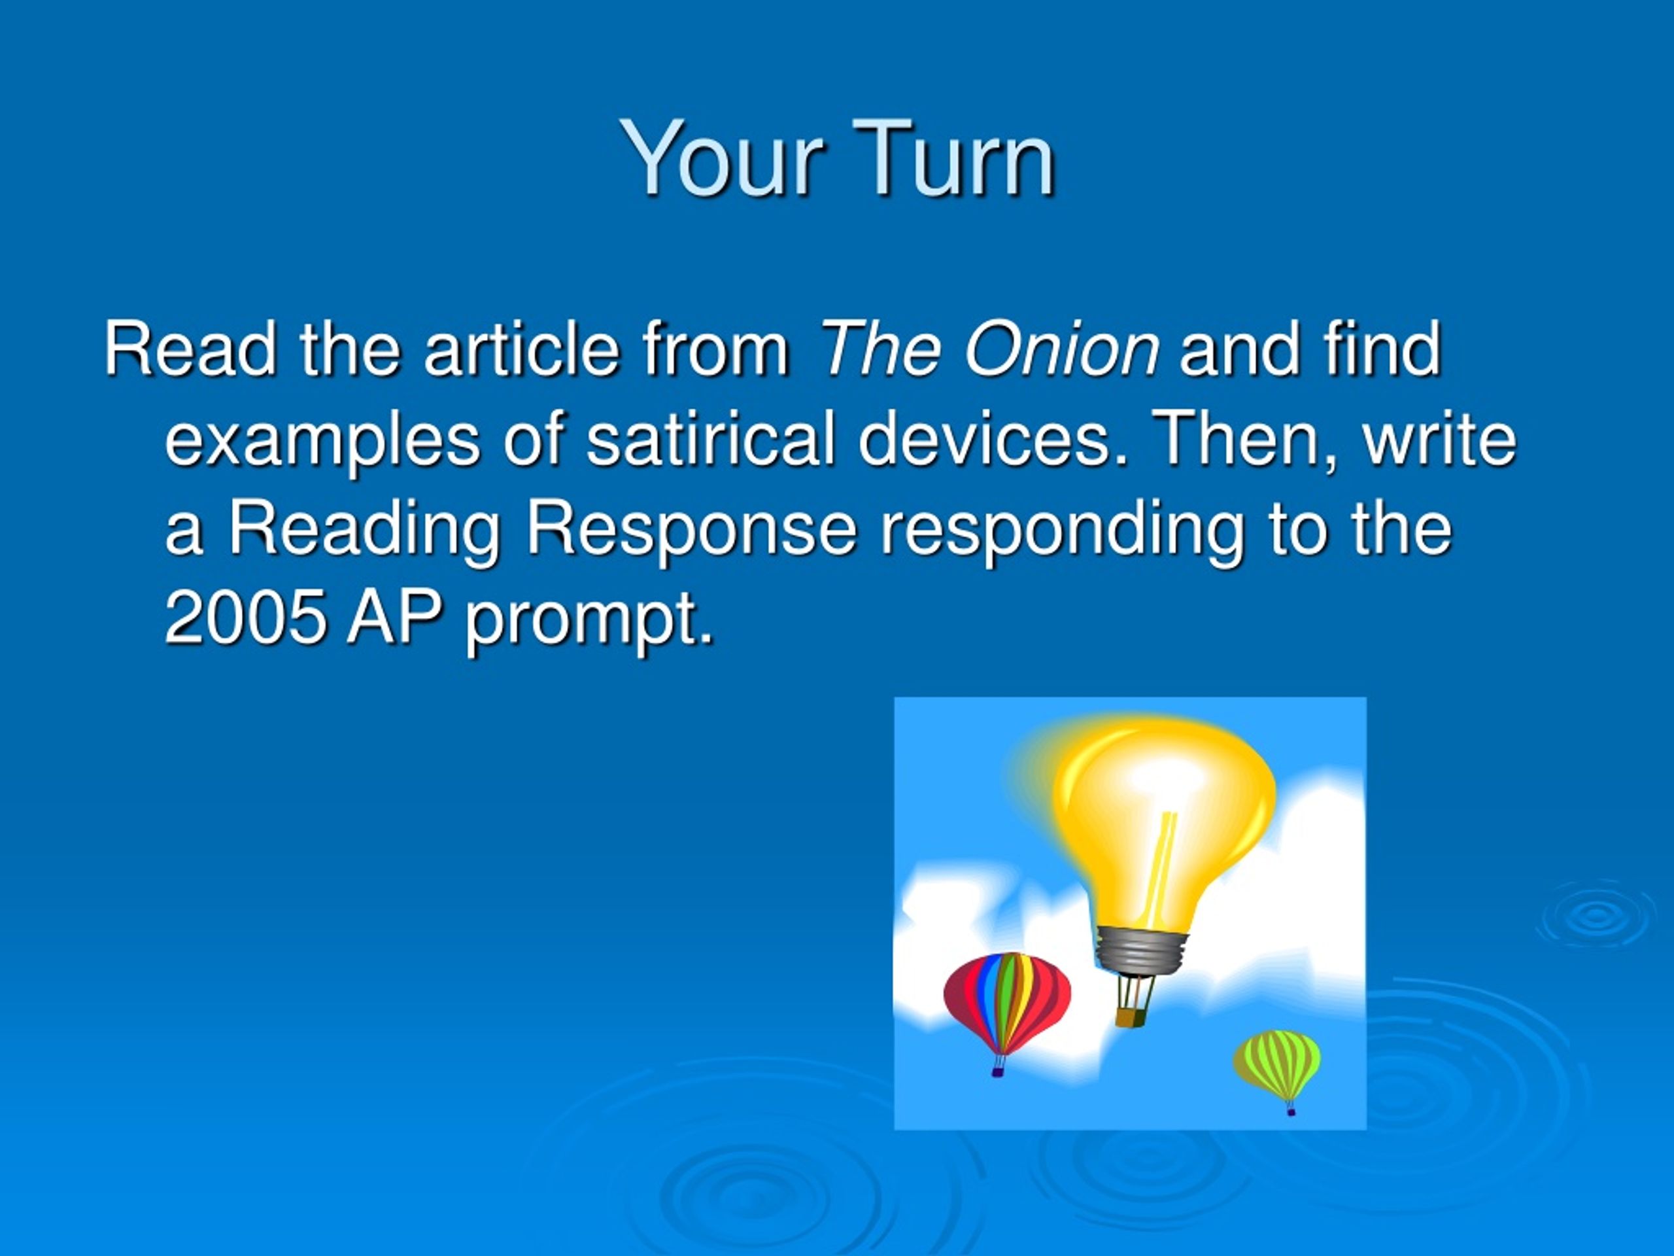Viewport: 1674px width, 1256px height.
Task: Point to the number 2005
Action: (x=246, y=617)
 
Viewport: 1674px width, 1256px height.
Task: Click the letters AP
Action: (x=395, y=617)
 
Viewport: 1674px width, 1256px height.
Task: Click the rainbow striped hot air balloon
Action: (x=1006, y=1000)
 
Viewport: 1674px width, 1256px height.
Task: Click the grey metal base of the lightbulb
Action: (x=1140, y=950)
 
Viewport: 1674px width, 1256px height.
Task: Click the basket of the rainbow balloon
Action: (x=999, y=1070)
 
